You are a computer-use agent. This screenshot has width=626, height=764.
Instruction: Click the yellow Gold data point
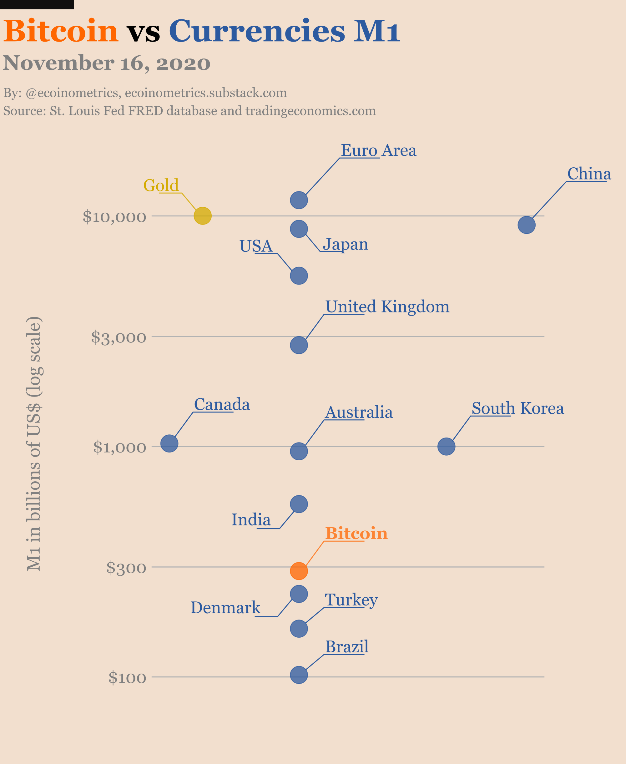tap(203, 216)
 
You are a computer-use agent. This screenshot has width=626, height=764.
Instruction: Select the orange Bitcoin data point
tap(299, 571)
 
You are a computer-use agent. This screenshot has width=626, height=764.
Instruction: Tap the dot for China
tap(527, 225)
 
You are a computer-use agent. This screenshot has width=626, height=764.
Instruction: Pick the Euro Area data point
tap(299, 200)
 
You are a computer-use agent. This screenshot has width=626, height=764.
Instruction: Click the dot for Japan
tap(299, 229)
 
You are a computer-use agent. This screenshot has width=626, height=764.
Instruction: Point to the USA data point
tap(299, 276)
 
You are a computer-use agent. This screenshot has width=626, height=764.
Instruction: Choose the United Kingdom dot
tap(299, 345)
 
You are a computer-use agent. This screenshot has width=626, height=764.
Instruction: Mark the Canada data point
tap(169, 443)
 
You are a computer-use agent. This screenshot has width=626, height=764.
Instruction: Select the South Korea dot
tap(447, 447)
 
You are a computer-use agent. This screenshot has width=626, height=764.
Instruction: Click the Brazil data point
tap(299, 675)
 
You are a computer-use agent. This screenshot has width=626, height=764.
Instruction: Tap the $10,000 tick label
tap(114, 217)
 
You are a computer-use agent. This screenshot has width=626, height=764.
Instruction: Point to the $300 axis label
tap(126, 568)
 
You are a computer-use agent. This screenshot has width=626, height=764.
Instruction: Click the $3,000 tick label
tap(119, 337)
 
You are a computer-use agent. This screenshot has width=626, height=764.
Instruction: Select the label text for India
tap(251, 519)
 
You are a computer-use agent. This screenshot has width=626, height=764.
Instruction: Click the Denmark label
tap(225, 608)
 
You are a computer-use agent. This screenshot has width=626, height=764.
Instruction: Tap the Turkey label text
tap(351, 600)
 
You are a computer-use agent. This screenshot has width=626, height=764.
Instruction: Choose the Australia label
tap(359, 412)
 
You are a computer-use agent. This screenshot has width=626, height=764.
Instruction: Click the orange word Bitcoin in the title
tap(61, 31)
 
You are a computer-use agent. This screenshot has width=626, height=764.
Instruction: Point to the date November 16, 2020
tap(107, 63)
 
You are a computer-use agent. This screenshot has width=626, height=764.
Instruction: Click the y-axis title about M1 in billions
tap(34, 443)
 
